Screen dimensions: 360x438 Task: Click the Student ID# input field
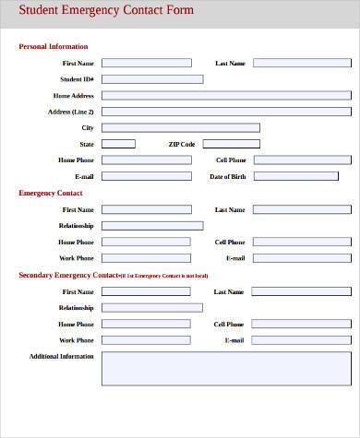(152, 79)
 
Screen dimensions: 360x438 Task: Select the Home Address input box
(226, 95)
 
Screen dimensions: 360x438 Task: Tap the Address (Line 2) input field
(226, 112)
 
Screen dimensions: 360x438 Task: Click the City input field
(181, 127)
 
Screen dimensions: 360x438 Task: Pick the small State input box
(118, 144)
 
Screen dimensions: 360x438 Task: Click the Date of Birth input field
(302, 176)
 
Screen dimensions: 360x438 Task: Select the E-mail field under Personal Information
(147, 176)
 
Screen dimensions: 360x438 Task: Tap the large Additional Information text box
(226, 368)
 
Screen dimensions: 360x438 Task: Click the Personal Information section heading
(54, 46)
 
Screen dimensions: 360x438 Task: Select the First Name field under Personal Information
(147, 63)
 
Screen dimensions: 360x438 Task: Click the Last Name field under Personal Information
(302, 63)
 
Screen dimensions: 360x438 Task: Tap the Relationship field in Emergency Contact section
(152, 225)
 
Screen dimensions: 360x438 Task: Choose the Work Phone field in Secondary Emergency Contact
(147, 340)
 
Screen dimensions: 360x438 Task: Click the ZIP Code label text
(182, 144)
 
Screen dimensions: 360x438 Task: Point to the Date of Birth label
(227, 176)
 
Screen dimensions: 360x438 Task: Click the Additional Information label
(62, 356)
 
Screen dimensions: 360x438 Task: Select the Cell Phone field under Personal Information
(302, 160)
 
